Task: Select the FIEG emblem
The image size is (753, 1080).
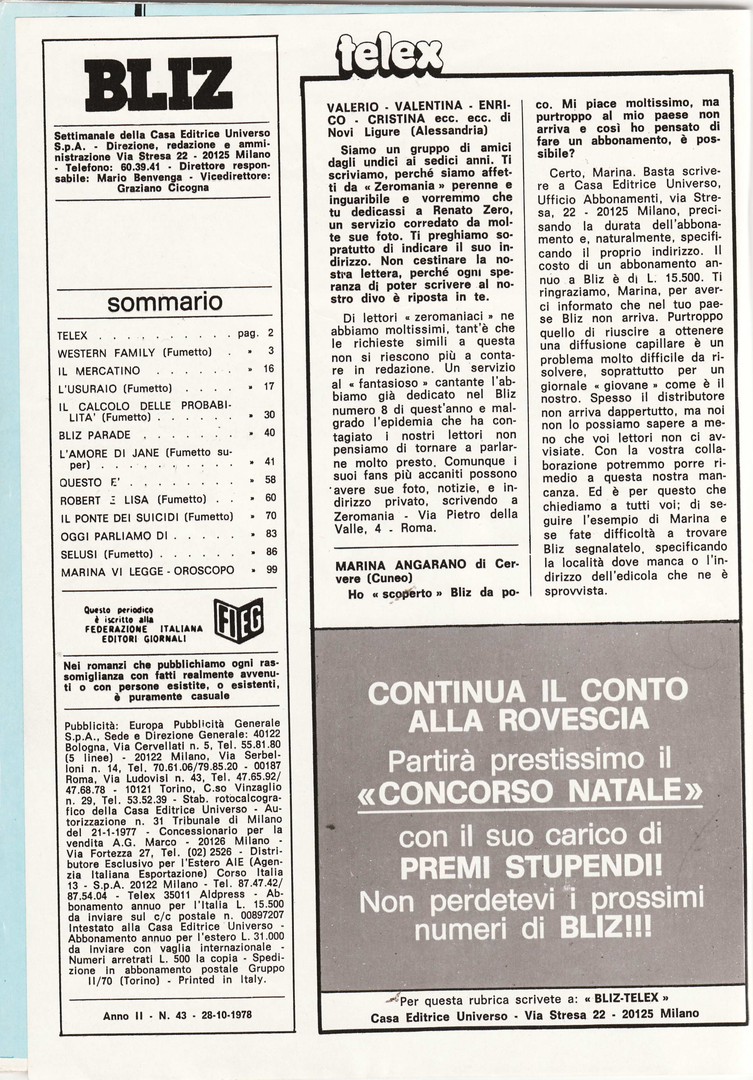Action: coord(239,621)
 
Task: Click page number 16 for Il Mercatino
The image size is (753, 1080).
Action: coord(269,368)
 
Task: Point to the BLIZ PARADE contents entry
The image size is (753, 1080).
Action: coord(95,435)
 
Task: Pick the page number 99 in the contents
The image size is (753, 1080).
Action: coord(272,569)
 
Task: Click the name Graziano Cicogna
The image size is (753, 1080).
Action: coord(163,188)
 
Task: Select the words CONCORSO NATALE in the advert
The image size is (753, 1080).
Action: coord(529,793)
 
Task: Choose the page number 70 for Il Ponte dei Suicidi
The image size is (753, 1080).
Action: coord(270,515)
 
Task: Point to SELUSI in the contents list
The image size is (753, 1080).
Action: coord(79,554)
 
